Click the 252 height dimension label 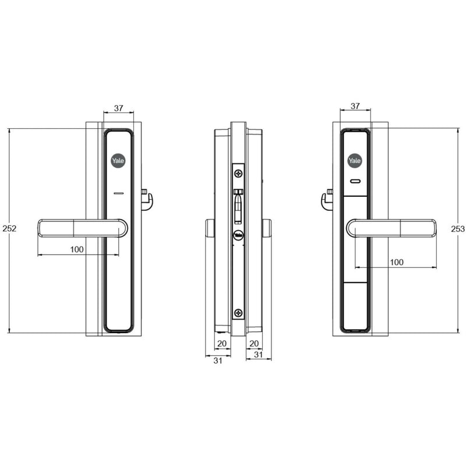[x=9, y=228]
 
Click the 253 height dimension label [x=458, y=229]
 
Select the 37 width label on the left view [x=119, y=108]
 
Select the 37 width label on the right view [x=355, y=106]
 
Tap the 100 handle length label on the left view [x=77, y=249]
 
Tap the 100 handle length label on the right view [x=397, y=262]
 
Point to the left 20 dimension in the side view [x=222, y=344]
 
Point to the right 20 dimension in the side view [x=254, y=344]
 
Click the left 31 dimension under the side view [x=218, y=361]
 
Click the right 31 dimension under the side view [x=259, y=355]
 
